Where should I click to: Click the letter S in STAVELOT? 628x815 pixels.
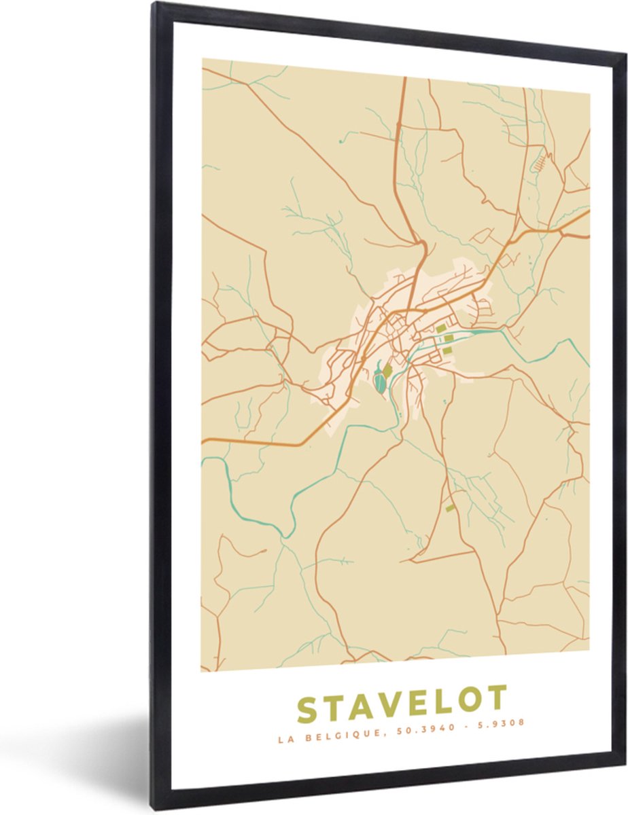(x=310, y=710)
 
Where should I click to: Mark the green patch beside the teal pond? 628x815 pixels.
(x=387, y=371)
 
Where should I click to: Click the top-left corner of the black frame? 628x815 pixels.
(x=154, y=5)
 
